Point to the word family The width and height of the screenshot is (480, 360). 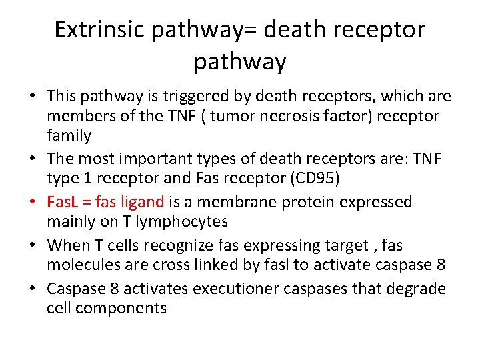(69, 136)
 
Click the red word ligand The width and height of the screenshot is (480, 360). (140, 202)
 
